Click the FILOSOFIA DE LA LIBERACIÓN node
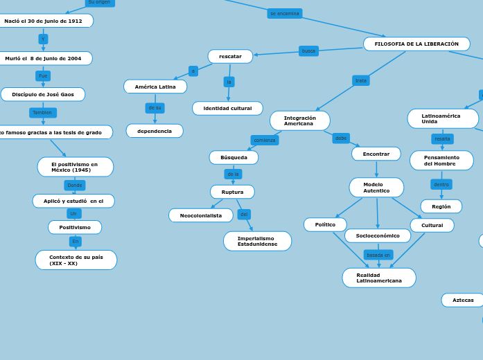(416, 44)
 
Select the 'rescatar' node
(230, 56)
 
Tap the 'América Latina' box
(155, 87)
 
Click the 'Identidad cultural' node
(227, 108)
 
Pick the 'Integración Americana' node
(299, 120)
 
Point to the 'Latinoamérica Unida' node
(442, 118)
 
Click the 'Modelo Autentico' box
(376, 187)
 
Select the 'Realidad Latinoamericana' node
(378, 278)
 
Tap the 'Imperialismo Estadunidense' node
(257, 241)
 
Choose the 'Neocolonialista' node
(201, 215)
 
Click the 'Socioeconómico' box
(378, 235)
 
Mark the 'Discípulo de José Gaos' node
(43, 94)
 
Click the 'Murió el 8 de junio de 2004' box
(43, 58)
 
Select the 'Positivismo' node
(75, 227)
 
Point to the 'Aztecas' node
(463, 300)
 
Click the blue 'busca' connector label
(308, 51)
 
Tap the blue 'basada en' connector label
(378, 255)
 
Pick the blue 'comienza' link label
(265, 140)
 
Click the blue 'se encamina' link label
(285, 13)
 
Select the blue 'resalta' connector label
(442, 138)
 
